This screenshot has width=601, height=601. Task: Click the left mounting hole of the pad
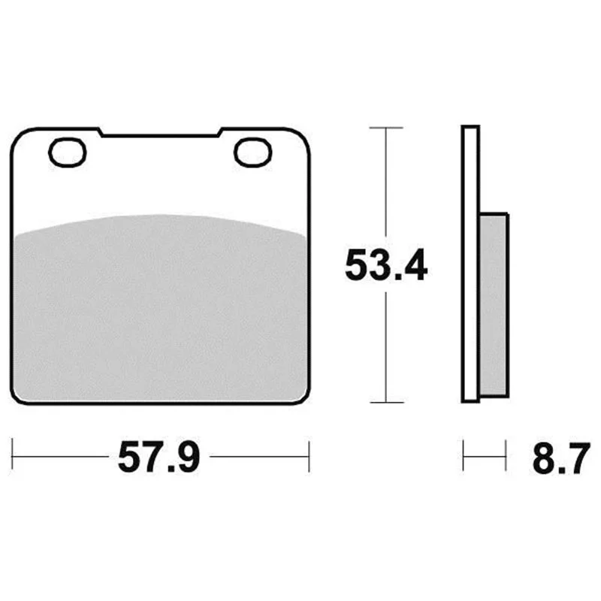click(68, 153)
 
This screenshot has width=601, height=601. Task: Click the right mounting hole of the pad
click(253, 153)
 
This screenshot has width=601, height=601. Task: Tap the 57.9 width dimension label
click(159, 458)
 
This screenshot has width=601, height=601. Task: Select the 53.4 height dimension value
click(386, 265)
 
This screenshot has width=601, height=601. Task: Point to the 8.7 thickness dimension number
click(561, 458)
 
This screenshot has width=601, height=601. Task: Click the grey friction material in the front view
click(160, 310)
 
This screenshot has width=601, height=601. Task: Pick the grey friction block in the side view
click(494, 305)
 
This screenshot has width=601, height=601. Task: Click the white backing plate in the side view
click(471, 264)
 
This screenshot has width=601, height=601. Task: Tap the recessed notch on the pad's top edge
click(159, 135)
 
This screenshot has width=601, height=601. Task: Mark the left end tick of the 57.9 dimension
click(12, 454)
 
